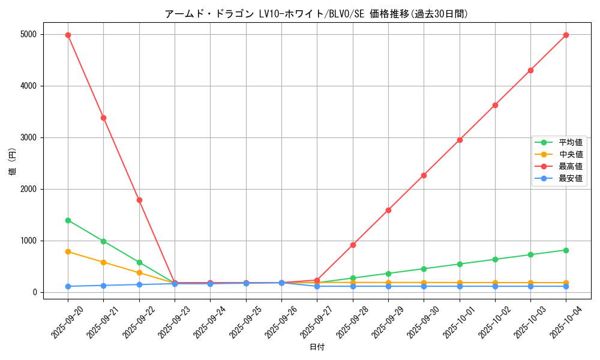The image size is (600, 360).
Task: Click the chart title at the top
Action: tap(316, 14)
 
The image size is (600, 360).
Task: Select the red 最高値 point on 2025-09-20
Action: tap(68, 35)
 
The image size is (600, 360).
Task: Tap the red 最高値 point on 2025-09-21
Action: tap(103, 118)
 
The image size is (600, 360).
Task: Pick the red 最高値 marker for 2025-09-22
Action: tap(139, 200)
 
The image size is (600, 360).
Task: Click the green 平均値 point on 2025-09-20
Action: tap(68, 220)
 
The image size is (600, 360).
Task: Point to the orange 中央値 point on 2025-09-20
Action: tap(68, 251)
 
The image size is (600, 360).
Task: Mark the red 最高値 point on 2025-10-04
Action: tap(566, 35)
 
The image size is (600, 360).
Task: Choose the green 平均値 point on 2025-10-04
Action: tap(566, 250)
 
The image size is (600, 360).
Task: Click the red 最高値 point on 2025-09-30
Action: tap(424, 175)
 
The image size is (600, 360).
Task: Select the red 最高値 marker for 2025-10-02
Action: tap(495, 105)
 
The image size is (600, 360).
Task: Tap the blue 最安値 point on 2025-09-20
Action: tap(68, 286)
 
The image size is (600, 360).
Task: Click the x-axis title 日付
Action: tap(317, 347)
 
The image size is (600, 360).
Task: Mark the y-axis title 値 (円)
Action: tap(12, 163)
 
